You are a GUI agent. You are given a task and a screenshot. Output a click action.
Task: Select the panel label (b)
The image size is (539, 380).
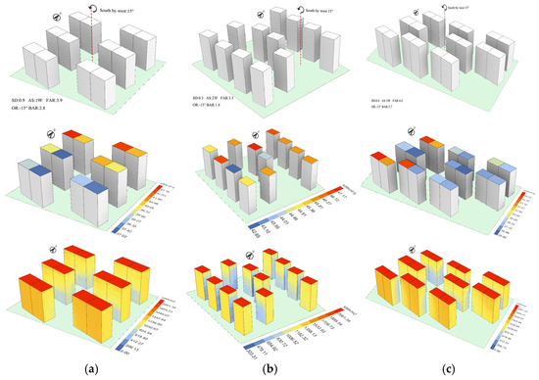click(269, 368)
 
